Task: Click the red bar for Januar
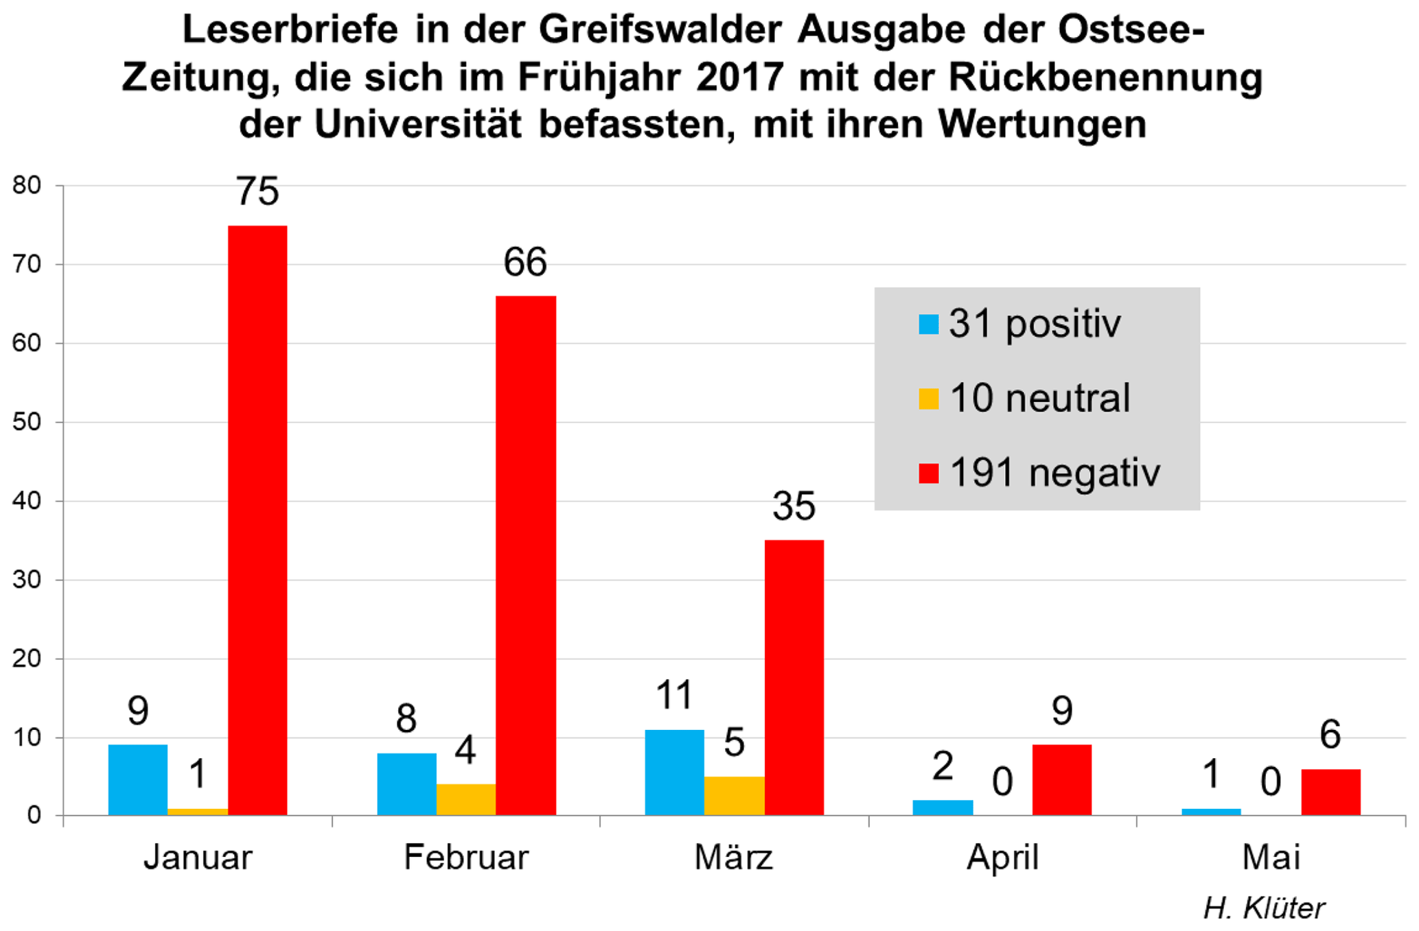click(x=257, y=520)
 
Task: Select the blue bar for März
click(x=674, y=773)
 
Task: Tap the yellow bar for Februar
click(x=466, y=799)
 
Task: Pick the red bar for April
click(x=1061, y=780)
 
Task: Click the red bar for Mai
click(x=1330, y=792)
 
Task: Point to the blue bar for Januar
click(x=138, y=780)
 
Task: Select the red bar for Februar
click(x=526, y=556)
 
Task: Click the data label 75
click(x=257, y=191)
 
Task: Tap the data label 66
click(x=525, y=262)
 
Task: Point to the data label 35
click(x=794, y=506)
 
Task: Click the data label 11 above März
click(x=674, y=695)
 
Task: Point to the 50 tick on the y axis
click(x=27, y=422)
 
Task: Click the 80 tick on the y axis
click(x=27, y=185)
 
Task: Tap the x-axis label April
click(x=1002, y=858)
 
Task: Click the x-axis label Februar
click(x=466, y=858)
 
